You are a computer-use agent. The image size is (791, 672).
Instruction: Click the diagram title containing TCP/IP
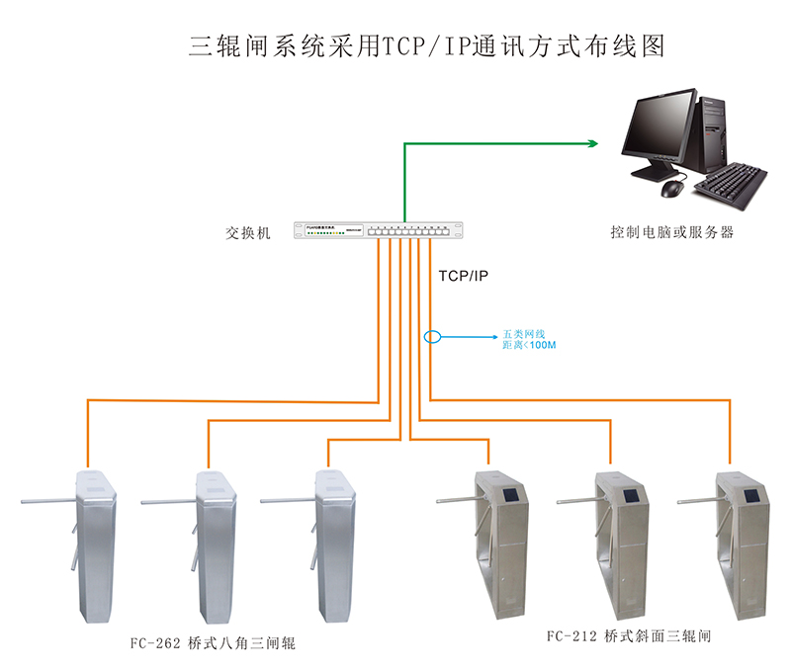(426, 46)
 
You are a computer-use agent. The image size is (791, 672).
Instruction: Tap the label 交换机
(247, 233)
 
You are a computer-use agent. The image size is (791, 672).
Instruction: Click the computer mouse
(672, 188)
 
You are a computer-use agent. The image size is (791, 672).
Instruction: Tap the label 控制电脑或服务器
(671, 233)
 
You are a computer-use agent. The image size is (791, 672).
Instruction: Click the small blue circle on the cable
(432, 337)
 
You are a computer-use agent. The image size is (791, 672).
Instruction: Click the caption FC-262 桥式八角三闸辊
(213, 644)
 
